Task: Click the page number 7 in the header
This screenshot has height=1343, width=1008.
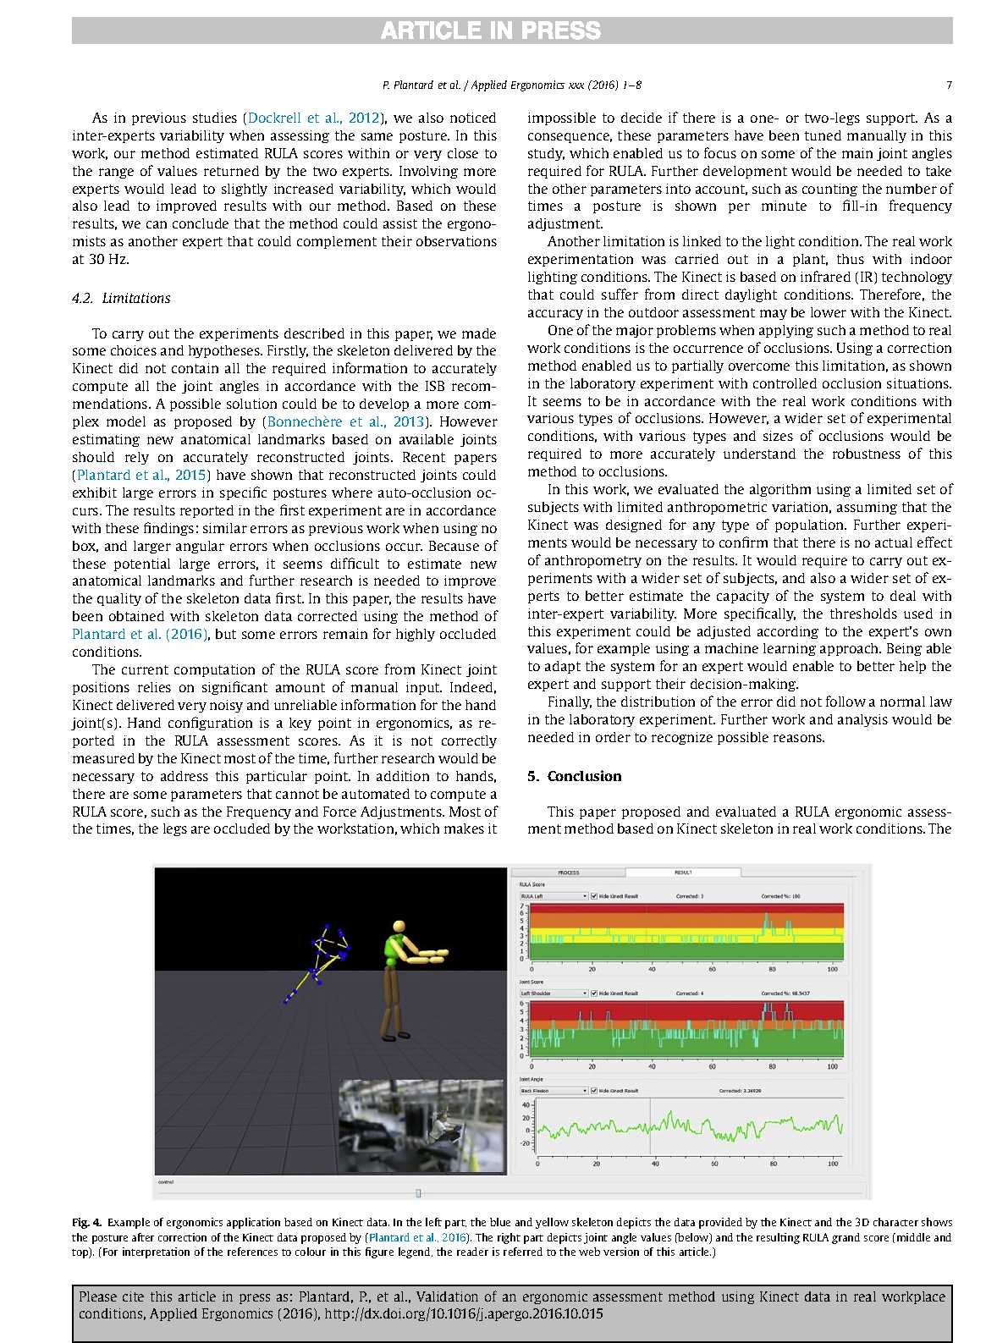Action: (x=949, y=85)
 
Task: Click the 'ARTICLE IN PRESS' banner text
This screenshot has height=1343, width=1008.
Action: (x=490, y=30)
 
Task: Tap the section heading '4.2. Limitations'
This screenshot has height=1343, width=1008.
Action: (x=121, y=298)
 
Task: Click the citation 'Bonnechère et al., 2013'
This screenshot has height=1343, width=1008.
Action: (x=345, y=421)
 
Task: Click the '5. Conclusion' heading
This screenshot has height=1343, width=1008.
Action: (x=575, y=776)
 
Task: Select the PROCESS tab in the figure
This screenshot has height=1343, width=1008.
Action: (x=569, y=872)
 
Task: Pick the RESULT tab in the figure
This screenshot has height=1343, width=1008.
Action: (x=683, y=872)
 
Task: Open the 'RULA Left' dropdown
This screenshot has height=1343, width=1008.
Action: (x=553, y=896)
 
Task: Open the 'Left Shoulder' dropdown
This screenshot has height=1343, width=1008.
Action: (x=553, y=993)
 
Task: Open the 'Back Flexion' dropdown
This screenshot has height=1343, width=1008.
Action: (x=553, y=1091)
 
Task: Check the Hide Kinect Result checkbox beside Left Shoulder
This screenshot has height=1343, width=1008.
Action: (x=594, y=993)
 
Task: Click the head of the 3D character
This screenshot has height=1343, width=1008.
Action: (x=399, y=927)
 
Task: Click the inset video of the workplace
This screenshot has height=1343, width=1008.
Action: (x=421, y=1126)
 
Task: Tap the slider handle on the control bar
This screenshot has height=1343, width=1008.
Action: (x=418, y=1193)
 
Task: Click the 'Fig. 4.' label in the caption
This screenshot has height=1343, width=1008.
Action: (x=86, y=1222)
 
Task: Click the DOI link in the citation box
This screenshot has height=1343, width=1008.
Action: (x=464, y=1313)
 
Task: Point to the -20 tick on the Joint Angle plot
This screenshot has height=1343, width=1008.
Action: (x=526, y=1143)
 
